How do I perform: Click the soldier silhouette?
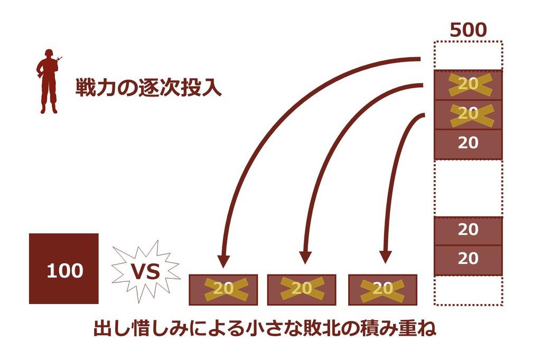[48, 82]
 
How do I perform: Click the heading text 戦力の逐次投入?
[148, 88]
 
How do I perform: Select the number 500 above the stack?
[468, 30]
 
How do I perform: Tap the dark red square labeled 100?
[64, 269]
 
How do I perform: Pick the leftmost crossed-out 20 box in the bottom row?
[223, 289]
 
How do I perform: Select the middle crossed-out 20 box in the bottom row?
[302, 289]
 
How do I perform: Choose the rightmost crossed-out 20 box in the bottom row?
[383, 289]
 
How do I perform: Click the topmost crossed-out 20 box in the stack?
[468, 84]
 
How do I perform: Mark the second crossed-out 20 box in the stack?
[468, 114]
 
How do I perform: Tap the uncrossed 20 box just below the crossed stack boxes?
[468, 144]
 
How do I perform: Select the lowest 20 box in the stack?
[468, 259]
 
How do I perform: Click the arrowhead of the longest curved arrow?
[223, 260]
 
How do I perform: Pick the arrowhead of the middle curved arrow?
[305, 257]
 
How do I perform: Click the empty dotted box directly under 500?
[468, 55]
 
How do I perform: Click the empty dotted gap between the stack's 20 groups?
[468, 187]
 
